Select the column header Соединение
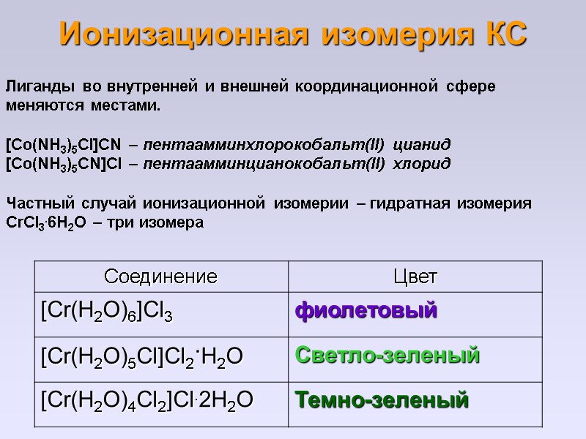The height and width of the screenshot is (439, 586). coord(161,277)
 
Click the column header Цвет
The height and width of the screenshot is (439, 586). coord(415,277)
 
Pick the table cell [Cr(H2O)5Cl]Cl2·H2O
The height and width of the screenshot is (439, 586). coord(142,357)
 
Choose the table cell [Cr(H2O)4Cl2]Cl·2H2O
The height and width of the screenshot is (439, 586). coord(147,401)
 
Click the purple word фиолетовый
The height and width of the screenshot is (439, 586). coord(366,311)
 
